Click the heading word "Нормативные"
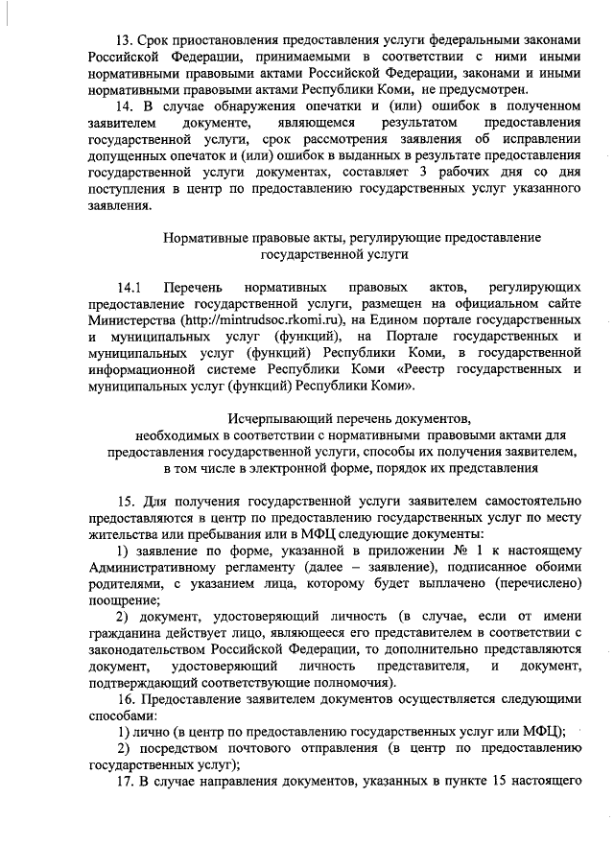click(x=203, y=237)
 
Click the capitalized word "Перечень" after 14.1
click(x=193, y=289)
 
